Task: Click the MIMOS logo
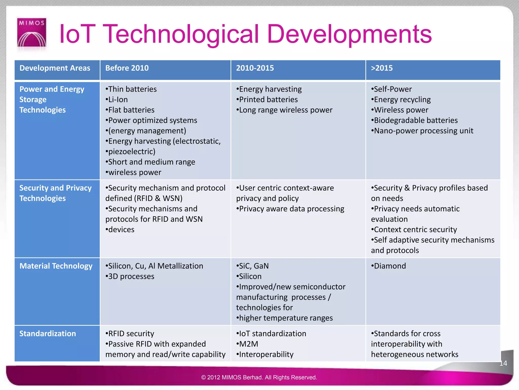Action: coord(32,32)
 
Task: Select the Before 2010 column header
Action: coord(127,68)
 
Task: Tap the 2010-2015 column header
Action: coord(255,68)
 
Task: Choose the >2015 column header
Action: coord(382,68)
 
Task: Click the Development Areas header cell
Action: coord(55,68)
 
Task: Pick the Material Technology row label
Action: coord(56,266)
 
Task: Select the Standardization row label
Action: coord(48,333)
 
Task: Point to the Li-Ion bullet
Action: coord(117,100)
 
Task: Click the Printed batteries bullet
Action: coord(267,100)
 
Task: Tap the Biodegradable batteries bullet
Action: coord(415,120)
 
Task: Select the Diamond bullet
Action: coord(389,266)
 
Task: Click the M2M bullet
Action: coord(248,344)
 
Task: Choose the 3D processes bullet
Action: coord(130,276)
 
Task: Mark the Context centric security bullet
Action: coord(414,230)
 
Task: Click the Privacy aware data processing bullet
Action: coord(290,209)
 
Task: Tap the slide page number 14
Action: coord(503,363)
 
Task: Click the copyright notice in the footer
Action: coord(259,377)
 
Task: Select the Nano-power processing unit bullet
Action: coord(422,131)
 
